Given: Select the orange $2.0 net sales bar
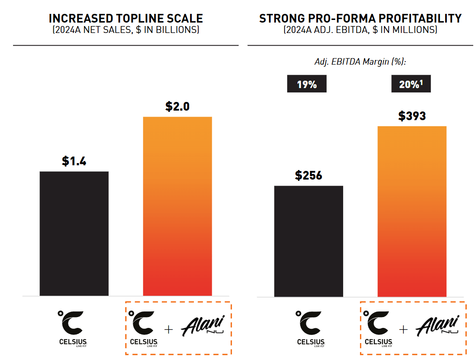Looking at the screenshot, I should tap(177, 206).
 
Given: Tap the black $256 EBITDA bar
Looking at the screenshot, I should tap(308, 241).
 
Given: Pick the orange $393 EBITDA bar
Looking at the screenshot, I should tap(412, 211).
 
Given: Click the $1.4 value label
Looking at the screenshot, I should tap(74, 161).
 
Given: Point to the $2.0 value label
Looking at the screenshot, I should tap(177, 107).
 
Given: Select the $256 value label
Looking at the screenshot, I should tap(308, 176).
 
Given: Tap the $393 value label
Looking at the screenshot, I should tap(412, 116).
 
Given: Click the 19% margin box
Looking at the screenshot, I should tap(307, 84).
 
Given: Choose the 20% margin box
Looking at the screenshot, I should tap(411, 84).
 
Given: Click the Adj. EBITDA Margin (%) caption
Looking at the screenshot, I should tap(360, 62).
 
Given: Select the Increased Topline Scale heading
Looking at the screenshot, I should tap(126, 19).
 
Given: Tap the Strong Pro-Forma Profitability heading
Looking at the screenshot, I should tap(360, 19).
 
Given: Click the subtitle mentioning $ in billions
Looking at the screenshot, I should tap(126, 30).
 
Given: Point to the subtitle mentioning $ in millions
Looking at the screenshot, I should tap(360, 30).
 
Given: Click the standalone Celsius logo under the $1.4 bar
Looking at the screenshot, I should tap(74, 328).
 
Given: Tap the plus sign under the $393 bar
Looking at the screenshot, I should tap(403, 330).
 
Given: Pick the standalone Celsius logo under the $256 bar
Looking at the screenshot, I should tap(308, 328).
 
